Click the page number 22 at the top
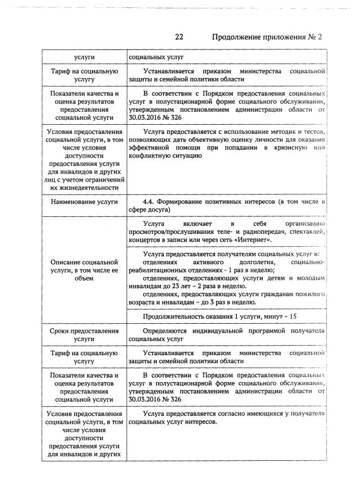pos(179,37)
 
